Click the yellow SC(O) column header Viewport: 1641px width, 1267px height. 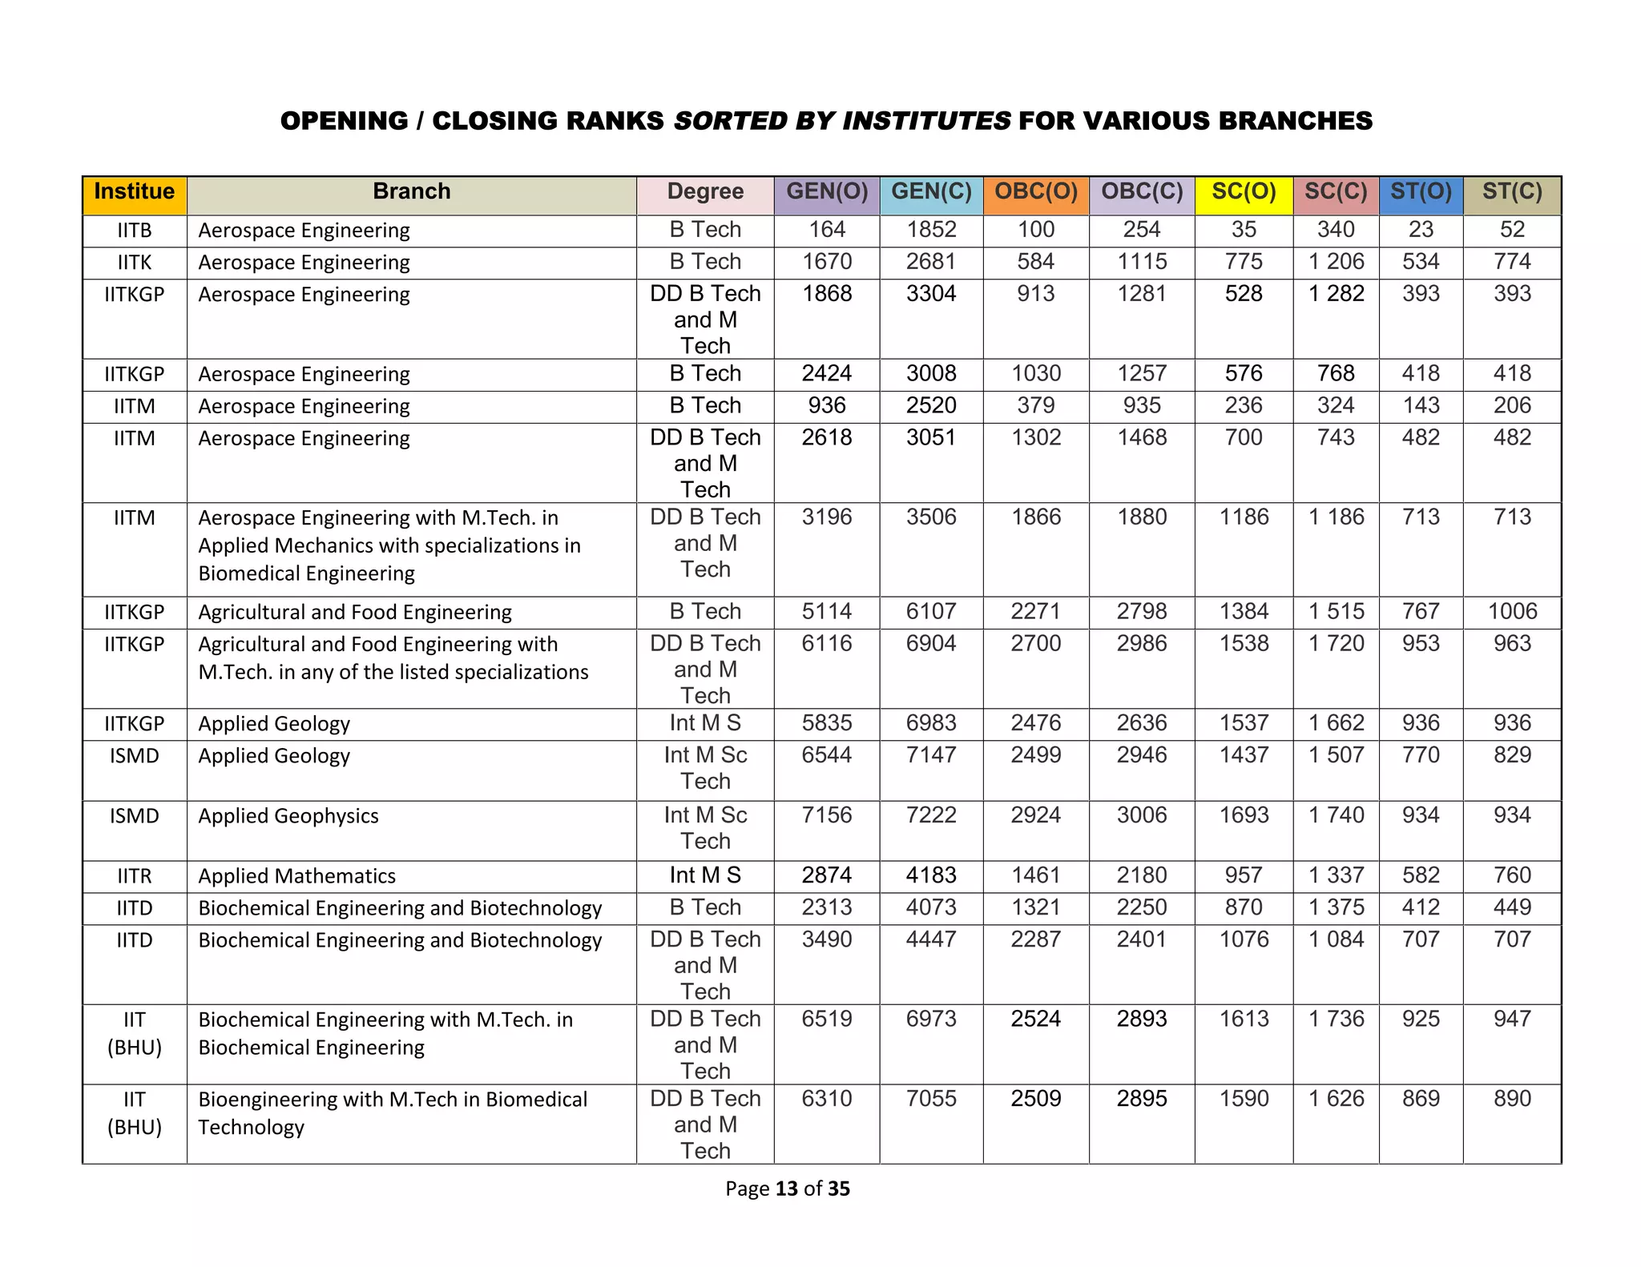tap(1243, 192)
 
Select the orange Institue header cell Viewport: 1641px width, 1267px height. tap(134, 192)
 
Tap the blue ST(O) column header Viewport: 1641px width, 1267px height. tap(1420, 192)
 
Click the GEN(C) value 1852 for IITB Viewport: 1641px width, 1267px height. tap(931, 230)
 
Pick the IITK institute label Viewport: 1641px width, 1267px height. tap(134, 263)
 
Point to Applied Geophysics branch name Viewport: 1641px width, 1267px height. tap(288, 816)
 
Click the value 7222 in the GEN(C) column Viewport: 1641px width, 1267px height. tap(931, 815)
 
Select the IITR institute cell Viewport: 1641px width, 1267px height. tap(134, 876)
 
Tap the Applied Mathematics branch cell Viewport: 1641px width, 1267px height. tap(297, 876)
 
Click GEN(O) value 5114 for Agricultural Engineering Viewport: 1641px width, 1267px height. tap(827, 612)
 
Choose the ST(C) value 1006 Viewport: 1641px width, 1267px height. tap(1512, 612)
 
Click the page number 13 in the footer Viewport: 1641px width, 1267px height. tap(787, 1189)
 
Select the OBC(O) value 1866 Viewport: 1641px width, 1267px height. tap(1035, 517)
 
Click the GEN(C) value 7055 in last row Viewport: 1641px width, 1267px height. tap(931, 1099)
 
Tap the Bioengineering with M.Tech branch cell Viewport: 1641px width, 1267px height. tap(393, 1112)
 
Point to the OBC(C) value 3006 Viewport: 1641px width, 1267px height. tap(1141, 815)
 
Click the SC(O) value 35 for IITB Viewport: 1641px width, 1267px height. tap(1243, 230)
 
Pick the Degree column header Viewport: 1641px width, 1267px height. tap(705, 192)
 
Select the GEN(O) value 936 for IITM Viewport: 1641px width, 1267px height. tap(827, 406)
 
